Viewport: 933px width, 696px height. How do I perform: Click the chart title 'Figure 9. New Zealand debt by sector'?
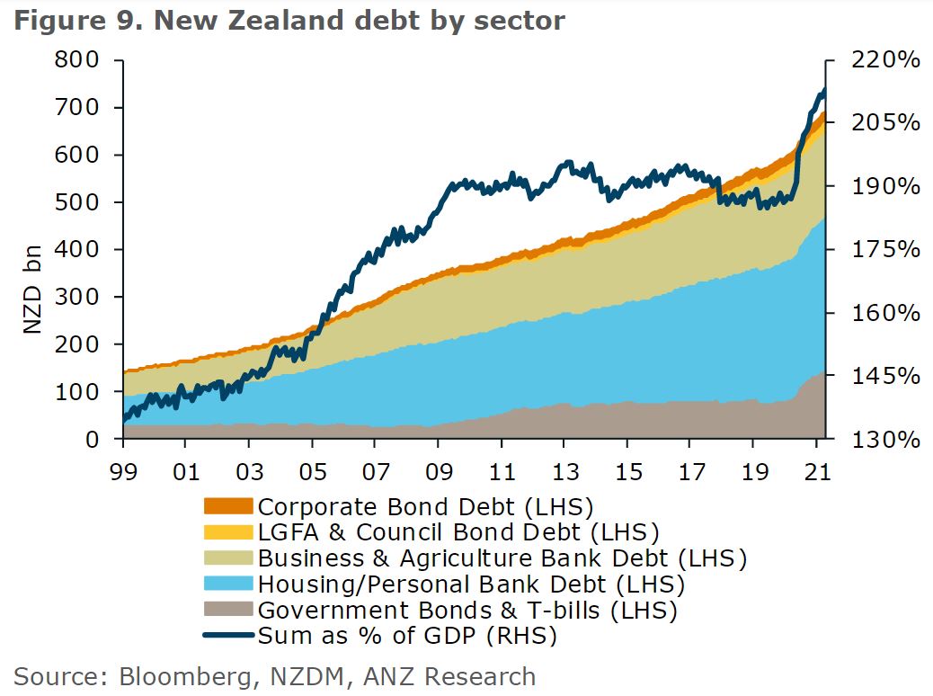[x=289, y=20]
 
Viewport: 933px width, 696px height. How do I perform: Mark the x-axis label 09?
[x=438, y=468]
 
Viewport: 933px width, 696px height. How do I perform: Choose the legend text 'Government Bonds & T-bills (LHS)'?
[x=466, y=611]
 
